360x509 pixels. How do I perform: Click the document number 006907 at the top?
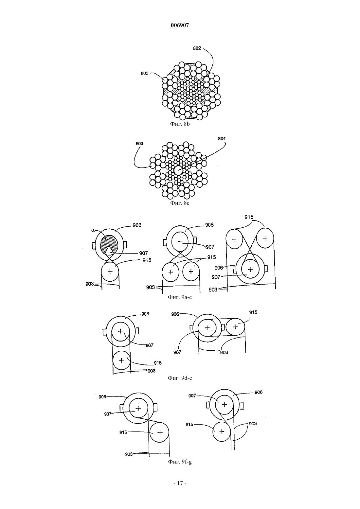(x=180, y=25)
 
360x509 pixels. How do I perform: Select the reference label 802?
(x=197, y=48)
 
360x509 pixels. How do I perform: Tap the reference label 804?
(x=222, y=139)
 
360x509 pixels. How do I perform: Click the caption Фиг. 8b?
(x=180, y=124)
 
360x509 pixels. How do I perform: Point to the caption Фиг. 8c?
(x=180, y=203)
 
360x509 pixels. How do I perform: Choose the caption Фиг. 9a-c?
(x=180, y=297)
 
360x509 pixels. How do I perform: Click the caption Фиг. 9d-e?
(x=180, y=378)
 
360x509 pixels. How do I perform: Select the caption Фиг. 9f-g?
(x=180, y=462)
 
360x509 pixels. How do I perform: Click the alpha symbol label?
(x=93, y=230)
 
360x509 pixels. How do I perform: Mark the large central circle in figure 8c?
(x=178, y=170)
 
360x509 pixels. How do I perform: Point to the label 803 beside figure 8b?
(x=145, y=73)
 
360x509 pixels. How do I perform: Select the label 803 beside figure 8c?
(x=139, y=143)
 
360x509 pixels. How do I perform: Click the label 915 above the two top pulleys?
(x=249, y=217)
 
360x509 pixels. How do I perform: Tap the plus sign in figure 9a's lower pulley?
(x=110, y=272)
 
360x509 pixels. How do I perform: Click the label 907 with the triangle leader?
(x=144, y=253)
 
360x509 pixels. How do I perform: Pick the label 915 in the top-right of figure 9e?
(x=253, y=312)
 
